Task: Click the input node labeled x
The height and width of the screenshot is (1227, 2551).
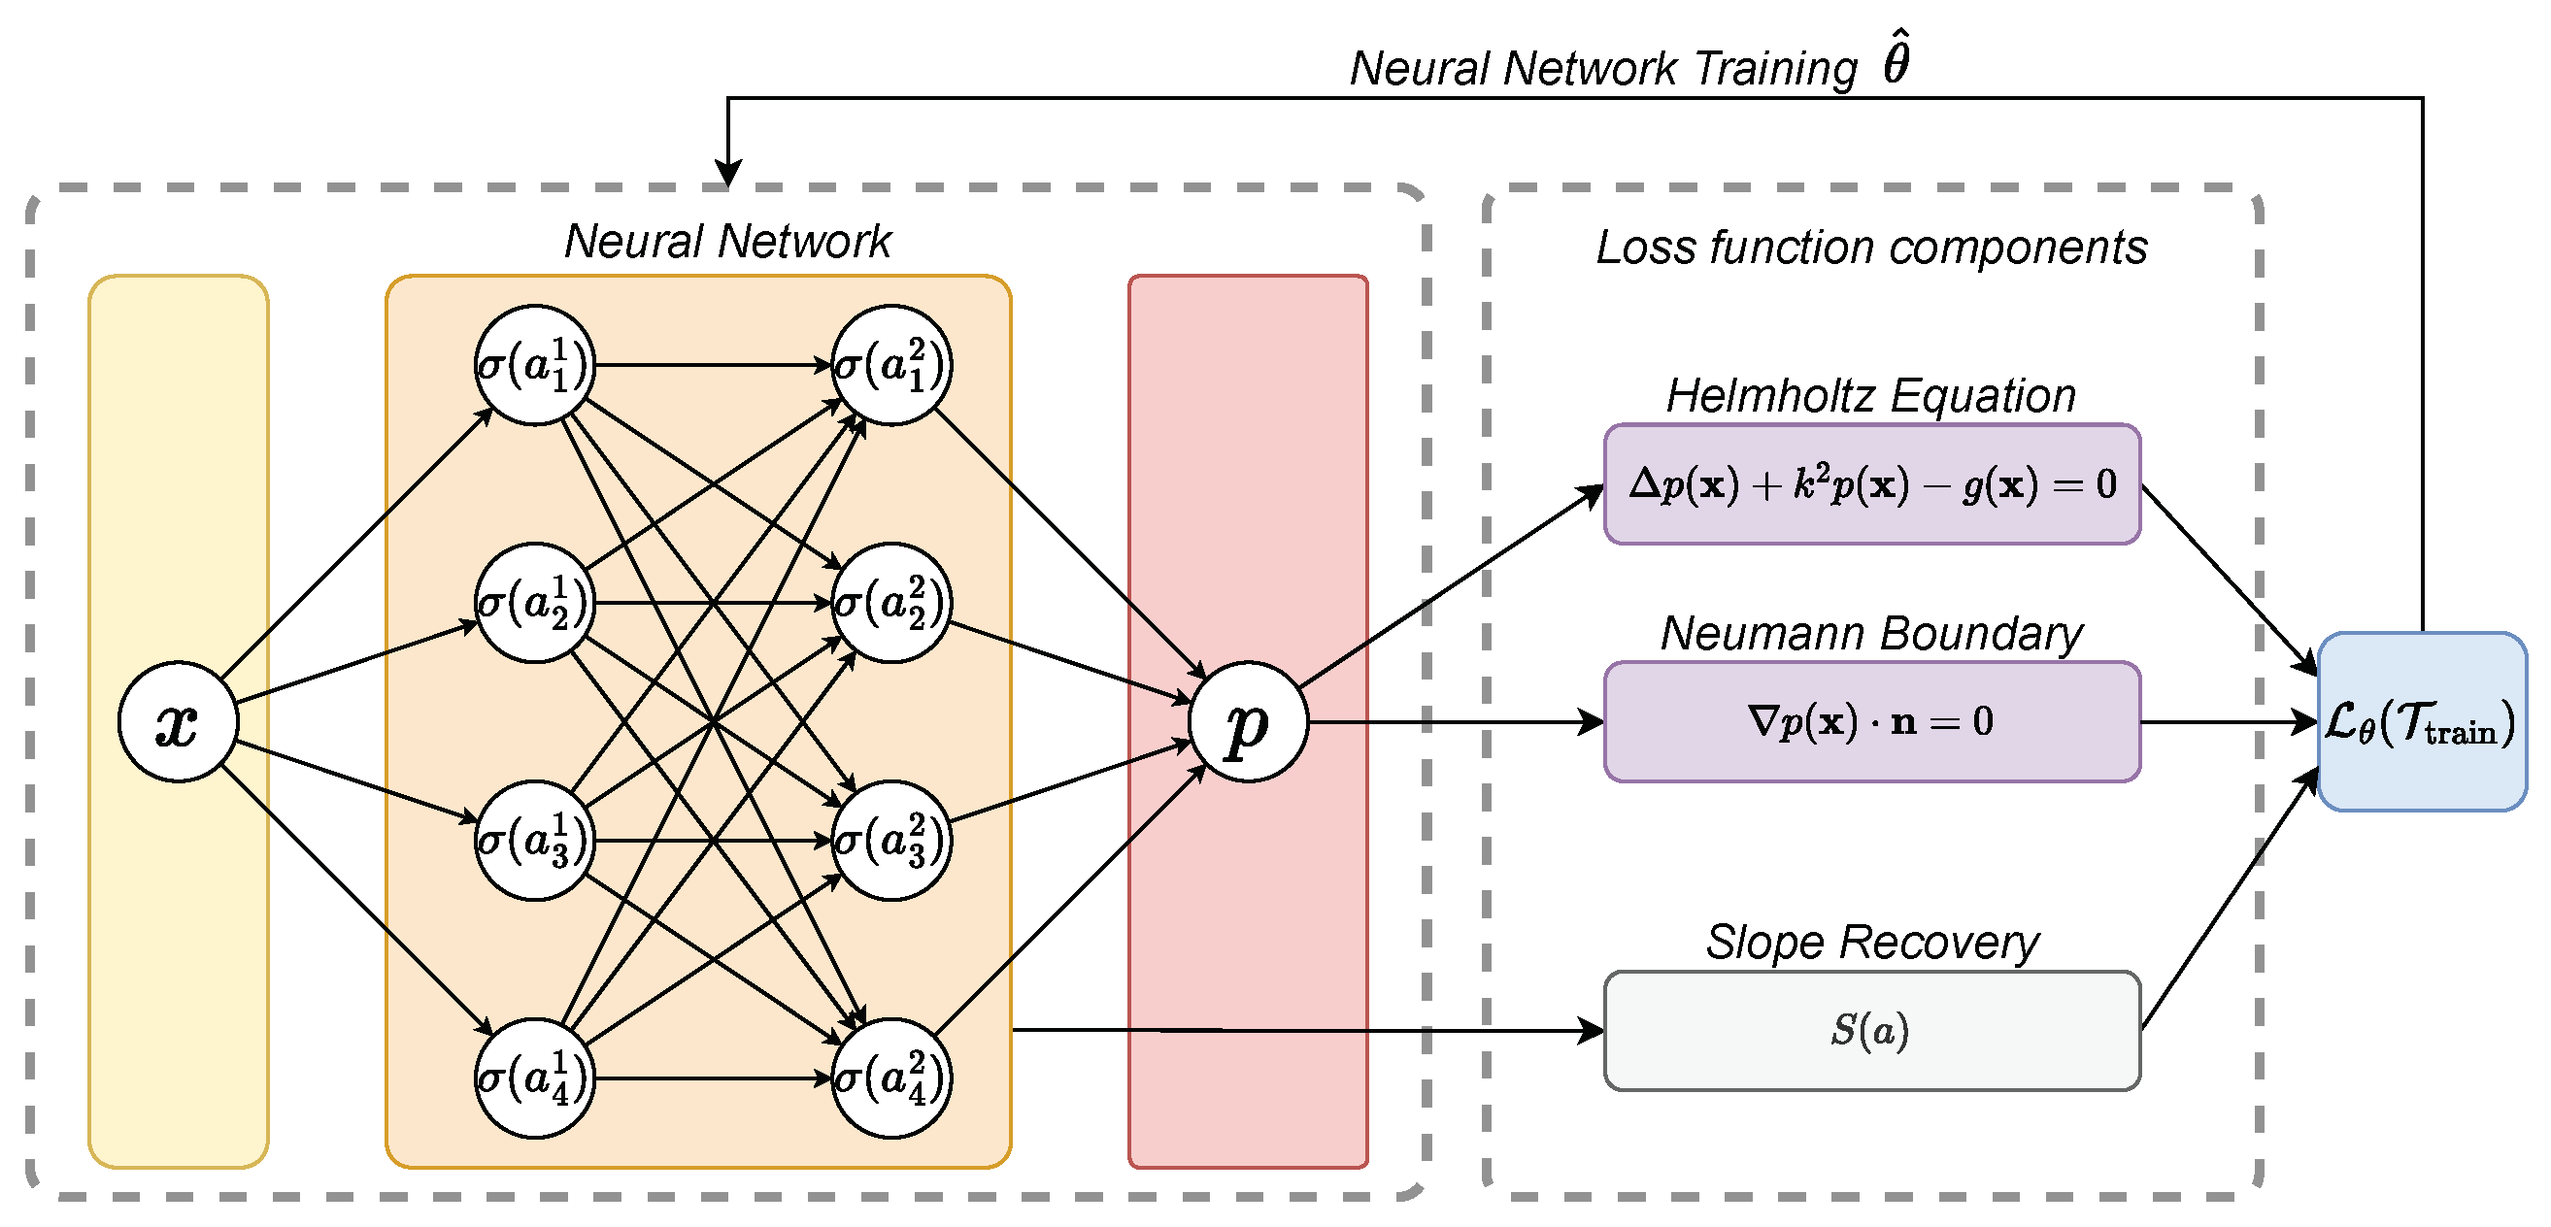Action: click(x=179, y=722)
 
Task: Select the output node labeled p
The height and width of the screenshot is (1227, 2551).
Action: click(x=1248, y=722)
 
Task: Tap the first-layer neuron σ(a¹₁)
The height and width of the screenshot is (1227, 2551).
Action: click(x=535, y=365)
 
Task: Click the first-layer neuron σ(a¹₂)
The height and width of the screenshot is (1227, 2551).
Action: click(x=535, y=603)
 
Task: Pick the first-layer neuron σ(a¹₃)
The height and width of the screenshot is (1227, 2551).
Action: click(x=535, y=841)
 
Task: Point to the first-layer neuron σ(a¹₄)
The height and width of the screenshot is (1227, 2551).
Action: click(x=535, y=1078)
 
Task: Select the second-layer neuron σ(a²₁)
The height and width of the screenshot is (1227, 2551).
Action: click(x=891, y=365)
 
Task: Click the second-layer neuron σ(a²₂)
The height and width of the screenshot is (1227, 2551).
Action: click(x=891, y=603)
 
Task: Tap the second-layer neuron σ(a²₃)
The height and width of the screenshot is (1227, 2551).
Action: click(x=891, y=841)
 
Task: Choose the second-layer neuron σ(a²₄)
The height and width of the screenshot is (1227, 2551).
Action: click(x=891, y=1078)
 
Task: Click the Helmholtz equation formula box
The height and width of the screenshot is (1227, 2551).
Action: click(x=1871, y=484)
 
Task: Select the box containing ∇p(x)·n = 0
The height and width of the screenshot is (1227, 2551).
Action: click(x=1871, y=722)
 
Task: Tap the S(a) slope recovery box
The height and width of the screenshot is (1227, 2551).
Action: click(x=1871, y=1031)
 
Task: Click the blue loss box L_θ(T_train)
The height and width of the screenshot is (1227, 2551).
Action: click(x=2421, y=722)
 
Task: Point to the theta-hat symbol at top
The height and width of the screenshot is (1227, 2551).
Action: click(x=1896, y=59)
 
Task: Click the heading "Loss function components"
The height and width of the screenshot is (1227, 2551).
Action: click(x=1871, y=247)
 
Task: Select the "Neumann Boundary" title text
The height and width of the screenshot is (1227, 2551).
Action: click(x=1871, y=634)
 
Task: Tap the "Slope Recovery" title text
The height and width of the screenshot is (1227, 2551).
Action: click(x=1871, y=942)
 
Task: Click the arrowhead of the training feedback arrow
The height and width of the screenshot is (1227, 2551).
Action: click(x=728, y=175)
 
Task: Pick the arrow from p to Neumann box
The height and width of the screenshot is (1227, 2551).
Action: click(x=1456, y=722)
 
